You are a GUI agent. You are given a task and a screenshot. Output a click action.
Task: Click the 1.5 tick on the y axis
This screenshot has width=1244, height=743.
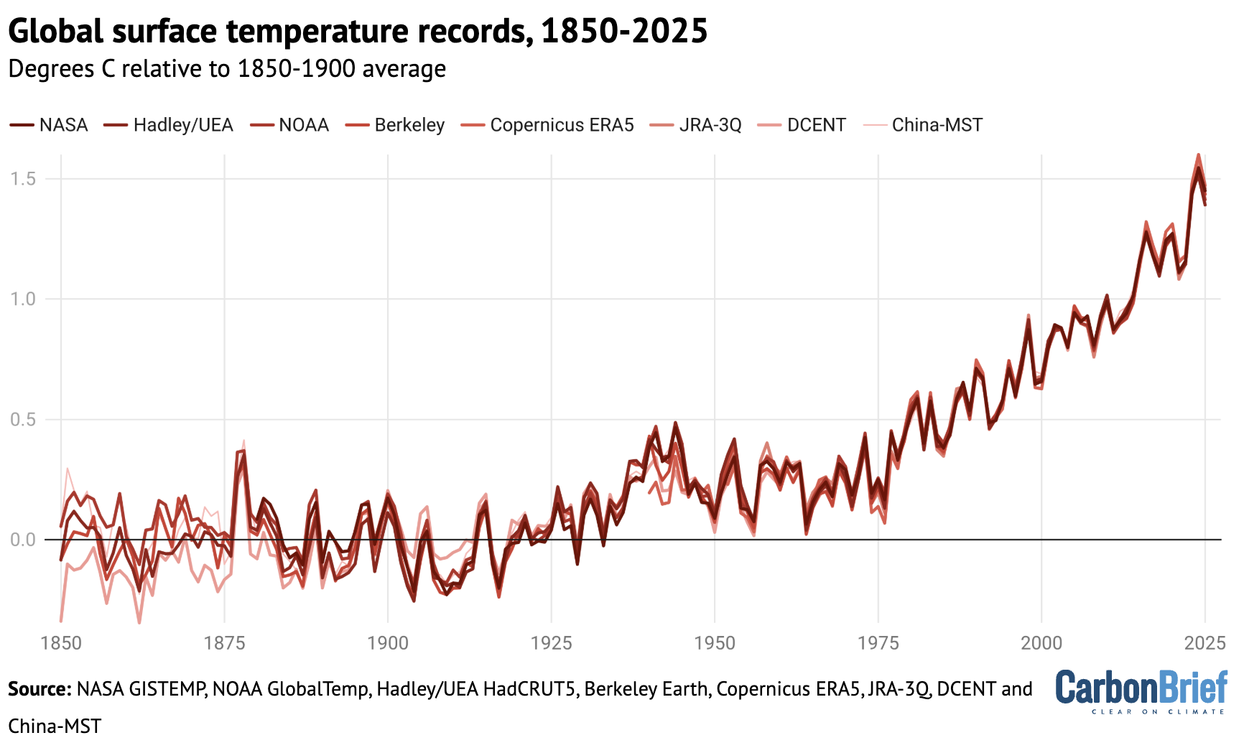(23, 179)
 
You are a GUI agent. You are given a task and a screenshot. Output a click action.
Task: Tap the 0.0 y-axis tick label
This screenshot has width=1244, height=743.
(23, 540)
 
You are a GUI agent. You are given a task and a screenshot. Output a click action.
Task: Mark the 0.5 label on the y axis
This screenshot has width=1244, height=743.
(23, 420)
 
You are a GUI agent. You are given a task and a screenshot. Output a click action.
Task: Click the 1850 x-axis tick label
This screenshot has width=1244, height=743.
(61, 642)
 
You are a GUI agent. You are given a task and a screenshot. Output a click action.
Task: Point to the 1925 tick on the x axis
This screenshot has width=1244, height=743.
(551, 642)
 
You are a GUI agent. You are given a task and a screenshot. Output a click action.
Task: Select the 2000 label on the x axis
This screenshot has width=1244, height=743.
(1041, 642)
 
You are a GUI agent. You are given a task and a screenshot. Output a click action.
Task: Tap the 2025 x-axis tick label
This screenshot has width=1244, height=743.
(1204, 642)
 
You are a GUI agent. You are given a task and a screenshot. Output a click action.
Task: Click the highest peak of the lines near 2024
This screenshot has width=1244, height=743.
(1198, 155)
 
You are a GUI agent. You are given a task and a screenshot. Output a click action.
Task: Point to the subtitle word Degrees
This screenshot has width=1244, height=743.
(51, 69)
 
